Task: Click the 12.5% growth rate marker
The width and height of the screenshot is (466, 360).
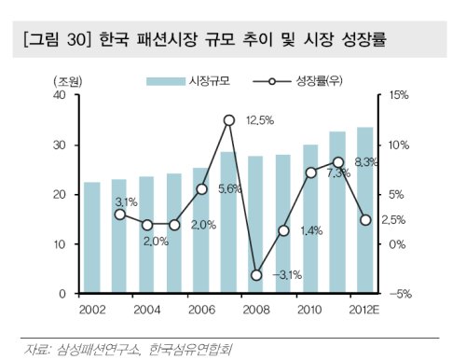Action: [x=229, y=120]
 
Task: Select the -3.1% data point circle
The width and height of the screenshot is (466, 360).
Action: [x=256, y=275]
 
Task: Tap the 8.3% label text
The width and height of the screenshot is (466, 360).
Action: [x=366, y=162]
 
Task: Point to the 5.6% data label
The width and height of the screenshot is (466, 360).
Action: [x=229, y=188]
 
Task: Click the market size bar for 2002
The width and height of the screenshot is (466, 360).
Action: [x=92, y=238]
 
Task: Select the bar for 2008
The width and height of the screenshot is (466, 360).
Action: [x=255, y=225]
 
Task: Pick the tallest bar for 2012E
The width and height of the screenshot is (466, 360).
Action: [x=365, y=210]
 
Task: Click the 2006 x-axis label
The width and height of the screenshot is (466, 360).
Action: [x=201, y=310]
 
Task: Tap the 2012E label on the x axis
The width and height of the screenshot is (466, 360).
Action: [x=364, y=310]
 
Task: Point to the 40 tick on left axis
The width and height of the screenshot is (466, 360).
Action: [x=60, y=95]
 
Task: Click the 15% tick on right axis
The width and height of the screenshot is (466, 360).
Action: [x=399, y=95]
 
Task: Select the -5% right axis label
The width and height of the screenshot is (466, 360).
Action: [x=400, y=294]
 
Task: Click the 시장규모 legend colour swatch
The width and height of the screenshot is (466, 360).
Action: [x=166, y=81]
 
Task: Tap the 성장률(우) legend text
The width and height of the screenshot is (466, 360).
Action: [x=319, y=81]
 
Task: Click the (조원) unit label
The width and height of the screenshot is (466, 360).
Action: [x=68, y=82]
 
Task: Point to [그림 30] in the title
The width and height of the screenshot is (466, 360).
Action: [x=57, y=39]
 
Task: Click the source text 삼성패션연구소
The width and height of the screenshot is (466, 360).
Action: [x=98, y=349]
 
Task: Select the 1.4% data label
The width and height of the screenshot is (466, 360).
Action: [x=311, y=230]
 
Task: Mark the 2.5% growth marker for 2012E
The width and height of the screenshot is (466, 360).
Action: [x=365, y=220]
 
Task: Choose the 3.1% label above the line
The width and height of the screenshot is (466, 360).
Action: [x=126, y=202]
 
